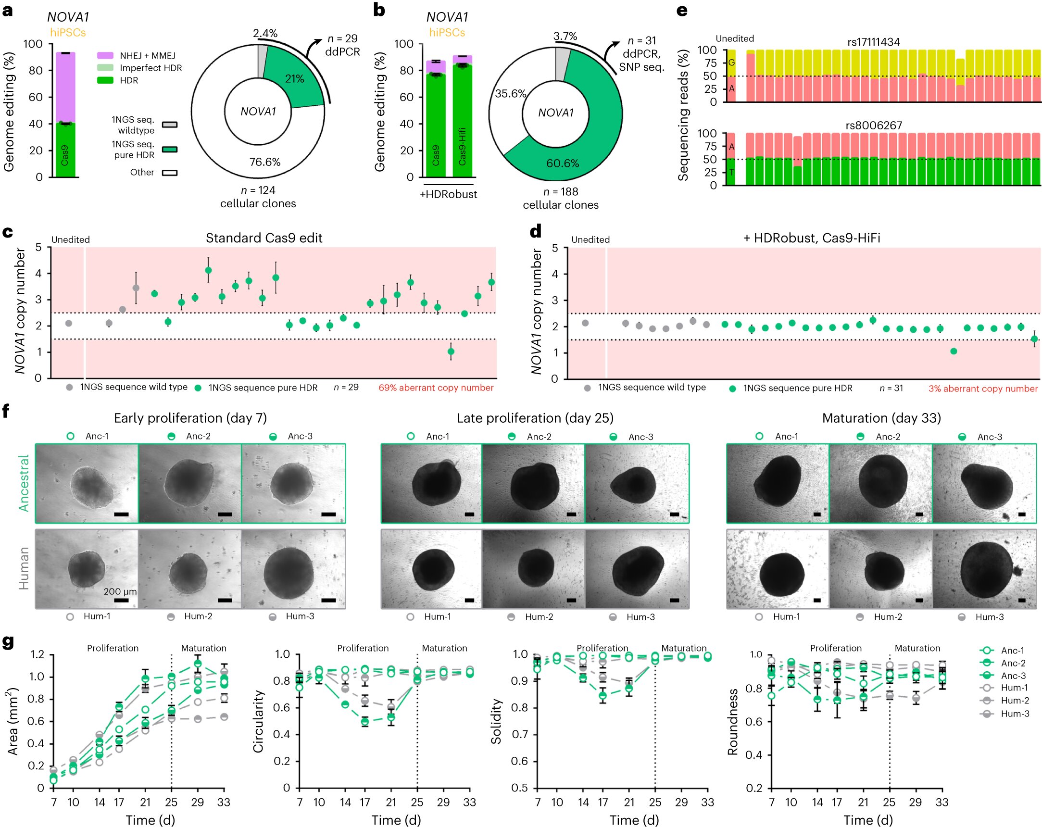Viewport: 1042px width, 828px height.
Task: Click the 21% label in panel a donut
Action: [x=294, y=79]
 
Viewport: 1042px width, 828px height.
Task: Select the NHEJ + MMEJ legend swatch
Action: [x=105, y=56]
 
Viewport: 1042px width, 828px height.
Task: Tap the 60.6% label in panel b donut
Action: [x=563, y=163]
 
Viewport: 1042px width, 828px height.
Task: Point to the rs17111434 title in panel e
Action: [x=873, y=42]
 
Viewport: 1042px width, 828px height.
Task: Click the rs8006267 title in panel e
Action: [x=873, y=125]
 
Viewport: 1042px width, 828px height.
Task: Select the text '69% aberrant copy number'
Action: [x=436, y=388]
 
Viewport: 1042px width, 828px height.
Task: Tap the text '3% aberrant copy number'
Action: [x=982, y=389]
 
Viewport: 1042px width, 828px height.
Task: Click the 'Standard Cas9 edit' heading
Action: [x=264, y=238]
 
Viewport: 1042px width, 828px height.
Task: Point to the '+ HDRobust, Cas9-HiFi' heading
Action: [x=812, y=238]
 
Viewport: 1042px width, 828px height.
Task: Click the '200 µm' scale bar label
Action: [x=120, y=591]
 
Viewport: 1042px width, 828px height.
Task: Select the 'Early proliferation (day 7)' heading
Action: [x=190, y=418]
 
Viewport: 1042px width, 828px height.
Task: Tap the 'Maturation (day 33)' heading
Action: [x=881, y=418]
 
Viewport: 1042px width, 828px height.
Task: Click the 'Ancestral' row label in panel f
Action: [x=24, y=483]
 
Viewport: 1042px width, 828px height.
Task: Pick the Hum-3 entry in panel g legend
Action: [x=1015, y=714]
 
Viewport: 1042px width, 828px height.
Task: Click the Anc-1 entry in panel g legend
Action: [x=1012, y=651]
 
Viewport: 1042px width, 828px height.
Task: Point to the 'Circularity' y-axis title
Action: [x=259, y=721]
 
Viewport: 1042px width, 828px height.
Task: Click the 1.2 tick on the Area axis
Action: [x=37, y=654]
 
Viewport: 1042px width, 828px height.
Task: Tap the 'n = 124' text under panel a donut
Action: [x=258, y=190]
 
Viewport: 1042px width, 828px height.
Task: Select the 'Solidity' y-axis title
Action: [x=496, y=721]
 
